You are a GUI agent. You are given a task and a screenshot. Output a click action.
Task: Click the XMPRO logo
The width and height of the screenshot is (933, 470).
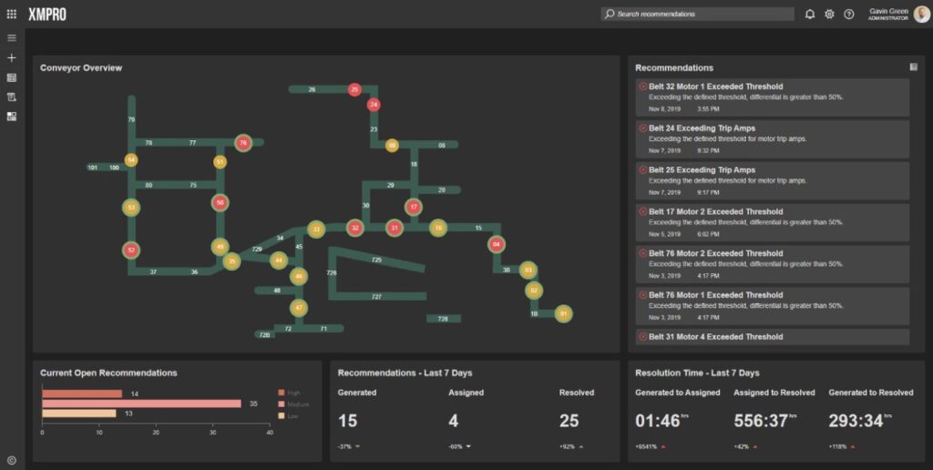coord(46,14)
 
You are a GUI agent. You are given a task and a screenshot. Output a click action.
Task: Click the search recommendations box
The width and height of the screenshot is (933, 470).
coord(697,14)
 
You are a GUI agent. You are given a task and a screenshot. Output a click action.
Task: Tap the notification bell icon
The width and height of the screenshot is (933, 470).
coord(809,14)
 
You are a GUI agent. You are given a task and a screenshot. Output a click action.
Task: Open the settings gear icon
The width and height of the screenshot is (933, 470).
coord(829,14)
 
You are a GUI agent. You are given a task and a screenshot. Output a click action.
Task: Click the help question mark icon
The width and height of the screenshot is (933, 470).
coord(848,14)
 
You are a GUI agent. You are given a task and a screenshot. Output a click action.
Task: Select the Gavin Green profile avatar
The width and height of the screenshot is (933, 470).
coord(921,14)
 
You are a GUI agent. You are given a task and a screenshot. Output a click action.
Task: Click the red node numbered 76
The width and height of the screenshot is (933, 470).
coord(242,142)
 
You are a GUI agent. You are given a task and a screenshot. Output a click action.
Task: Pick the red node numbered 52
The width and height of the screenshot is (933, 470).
coord(131,250)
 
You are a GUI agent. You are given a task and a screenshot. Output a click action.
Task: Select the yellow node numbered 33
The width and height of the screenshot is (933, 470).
coord(316,229)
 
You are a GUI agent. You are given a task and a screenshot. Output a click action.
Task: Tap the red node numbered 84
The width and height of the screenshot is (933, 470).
coord(496,244)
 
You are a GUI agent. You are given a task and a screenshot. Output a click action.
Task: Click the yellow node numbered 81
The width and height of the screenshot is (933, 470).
coord(563,313)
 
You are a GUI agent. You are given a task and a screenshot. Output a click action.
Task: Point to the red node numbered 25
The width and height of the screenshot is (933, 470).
coord(354,89)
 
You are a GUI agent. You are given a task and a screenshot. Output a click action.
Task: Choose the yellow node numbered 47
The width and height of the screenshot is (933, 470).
coord(298,308)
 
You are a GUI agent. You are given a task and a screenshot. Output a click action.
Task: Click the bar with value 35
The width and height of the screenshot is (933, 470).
coord(141,404)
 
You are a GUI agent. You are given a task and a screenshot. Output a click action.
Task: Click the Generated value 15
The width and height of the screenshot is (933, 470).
coord(348,421)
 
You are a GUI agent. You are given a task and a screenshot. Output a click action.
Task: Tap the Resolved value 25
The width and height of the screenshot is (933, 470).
coord(569,421)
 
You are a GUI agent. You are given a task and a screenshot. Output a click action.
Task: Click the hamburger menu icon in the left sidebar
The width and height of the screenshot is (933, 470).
coord(12,38)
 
